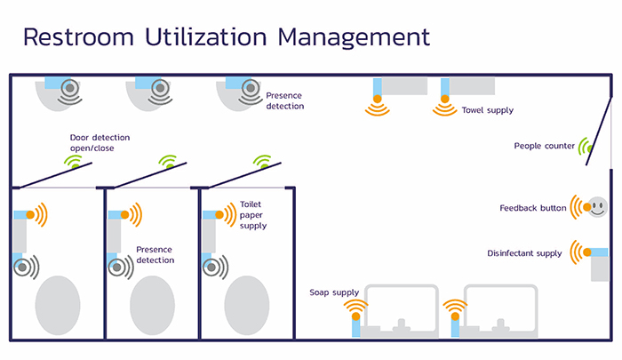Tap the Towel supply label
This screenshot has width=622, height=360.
point(487,111)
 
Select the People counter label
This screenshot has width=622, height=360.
point(545,146)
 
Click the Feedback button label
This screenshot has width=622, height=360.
point(533,208)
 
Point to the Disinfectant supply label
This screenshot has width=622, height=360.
point(524,253)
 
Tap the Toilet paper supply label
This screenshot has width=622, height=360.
point(253,215)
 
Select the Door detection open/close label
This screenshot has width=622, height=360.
point(100,142)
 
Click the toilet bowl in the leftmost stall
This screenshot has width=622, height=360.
point(58,305)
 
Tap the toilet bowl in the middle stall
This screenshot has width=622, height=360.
point(153,305)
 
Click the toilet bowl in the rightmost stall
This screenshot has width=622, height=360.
point(247,305)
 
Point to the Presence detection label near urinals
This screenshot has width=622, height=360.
point(285,100)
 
